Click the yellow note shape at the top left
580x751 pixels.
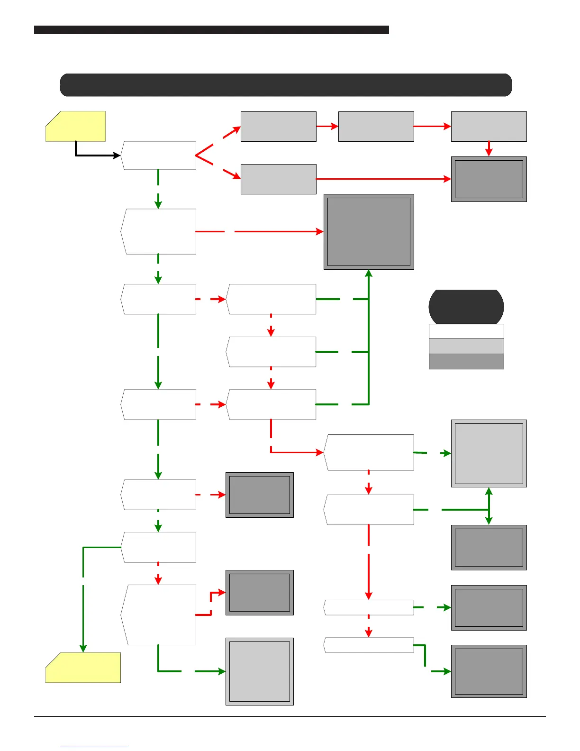click(76, 126)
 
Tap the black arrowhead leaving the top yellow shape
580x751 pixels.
click(117, 156)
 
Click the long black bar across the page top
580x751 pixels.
click(211, 30)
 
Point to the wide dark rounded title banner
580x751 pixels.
click(286, 85)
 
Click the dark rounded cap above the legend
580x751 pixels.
click(466, 306)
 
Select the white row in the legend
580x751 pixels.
click(466, 331)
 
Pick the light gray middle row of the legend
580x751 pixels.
click(466, 346)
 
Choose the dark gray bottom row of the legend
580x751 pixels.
click(466, 361)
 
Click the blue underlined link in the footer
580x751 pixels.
click(94, 747)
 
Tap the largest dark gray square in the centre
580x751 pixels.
click(369, 232)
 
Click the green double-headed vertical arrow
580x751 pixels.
click(489, 506)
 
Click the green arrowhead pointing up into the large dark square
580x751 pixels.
click(369, 274)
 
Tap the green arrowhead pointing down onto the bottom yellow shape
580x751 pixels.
click(83, 648)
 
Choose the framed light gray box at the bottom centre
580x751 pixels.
click(260, 671)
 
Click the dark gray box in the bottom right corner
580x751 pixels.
click(489, 671)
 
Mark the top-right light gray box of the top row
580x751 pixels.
click(489, 126)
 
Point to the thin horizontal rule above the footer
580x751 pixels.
click(290, 716)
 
